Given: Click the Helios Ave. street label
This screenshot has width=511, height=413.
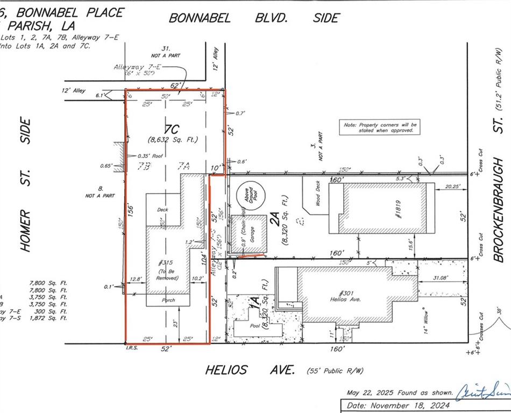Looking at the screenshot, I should point(250,370).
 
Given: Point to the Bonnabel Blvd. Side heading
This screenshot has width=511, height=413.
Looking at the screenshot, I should point(254,18).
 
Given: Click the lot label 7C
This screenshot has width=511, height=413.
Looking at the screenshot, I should point(172,129).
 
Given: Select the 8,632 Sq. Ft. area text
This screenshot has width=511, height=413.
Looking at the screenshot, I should point(173,140).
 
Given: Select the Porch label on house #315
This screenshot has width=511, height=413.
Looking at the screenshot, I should point(167,300).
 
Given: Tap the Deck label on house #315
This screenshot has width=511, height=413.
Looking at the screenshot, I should point(163,209).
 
